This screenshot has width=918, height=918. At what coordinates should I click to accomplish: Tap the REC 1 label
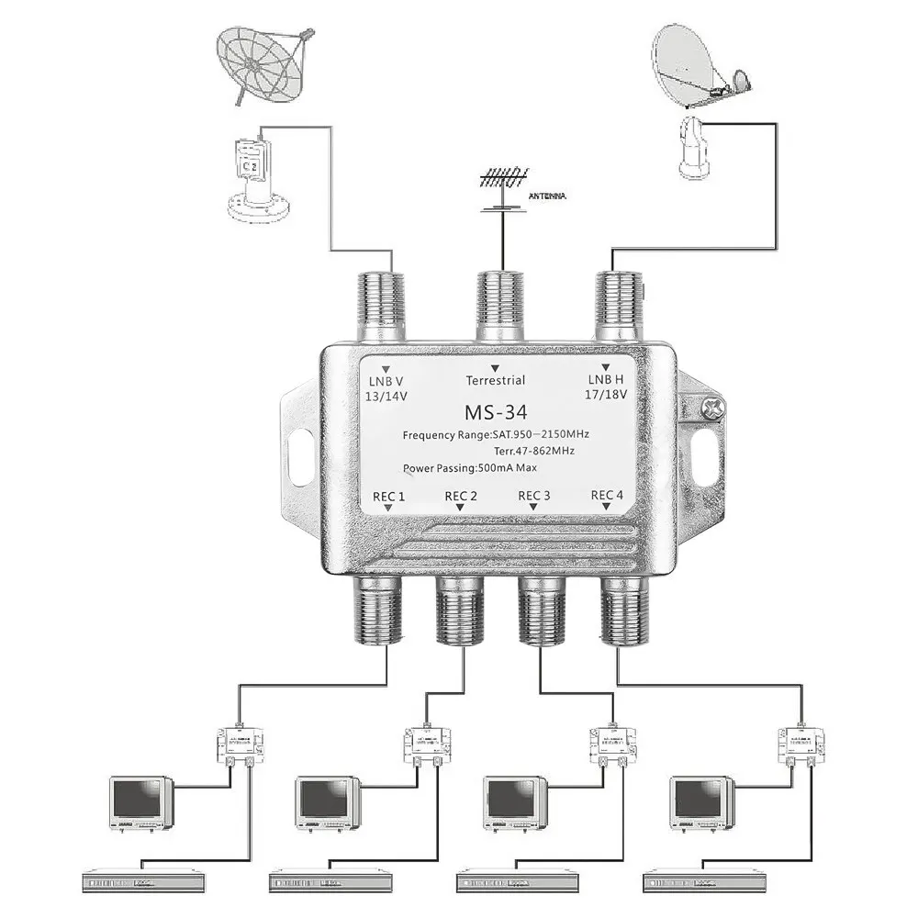tap(388, 496)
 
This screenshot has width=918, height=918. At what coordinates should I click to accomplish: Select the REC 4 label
tap(607, 496)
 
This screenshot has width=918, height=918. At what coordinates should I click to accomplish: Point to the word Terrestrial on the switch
tap(495, 380)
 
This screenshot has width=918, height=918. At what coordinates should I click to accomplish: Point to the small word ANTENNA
tap(547, 196)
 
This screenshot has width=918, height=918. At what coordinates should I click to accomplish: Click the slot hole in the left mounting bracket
tap(299, 453)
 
